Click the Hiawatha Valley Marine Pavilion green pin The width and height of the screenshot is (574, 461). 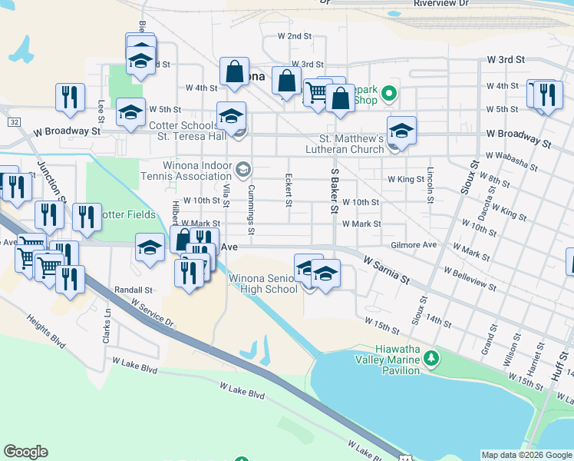(432, 358)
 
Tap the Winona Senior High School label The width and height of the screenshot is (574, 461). (263, 284)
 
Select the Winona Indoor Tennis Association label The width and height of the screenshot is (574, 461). (197, 171)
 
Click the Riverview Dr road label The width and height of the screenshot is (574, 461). (440, 4)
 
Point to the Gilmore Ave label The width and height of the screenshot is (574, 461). (413, 244)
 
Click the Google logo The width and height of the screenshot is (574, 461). (25, 452)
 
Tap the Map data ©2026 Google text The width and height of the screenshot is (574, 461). (526, 455)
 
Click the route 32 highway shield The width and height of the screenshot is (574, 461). (14, 121)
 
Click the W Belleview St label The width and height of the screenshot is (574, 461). (470, 277)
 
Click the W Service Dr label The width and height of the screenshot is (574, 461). (153, 311)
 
